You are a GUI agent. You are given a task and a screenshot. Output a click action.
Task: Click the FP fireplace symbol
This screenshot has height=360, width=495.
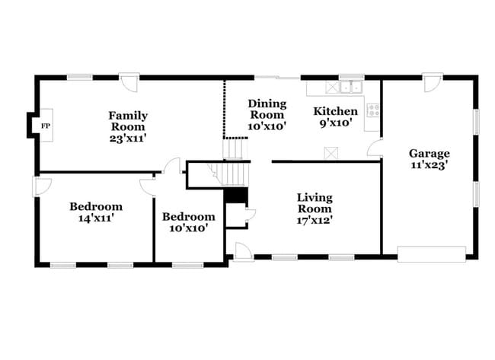[46, 126]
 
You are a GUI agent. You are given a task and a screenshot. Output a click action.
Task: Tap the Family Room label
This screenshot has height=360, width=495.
[128, 127]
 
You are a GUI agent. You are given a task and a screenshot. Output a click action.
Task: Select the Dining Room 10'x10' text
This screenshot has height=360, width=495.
[267, 115]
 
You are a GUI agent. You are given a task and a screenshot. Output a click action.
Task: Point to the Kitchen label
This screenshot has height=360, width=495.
[335, 116]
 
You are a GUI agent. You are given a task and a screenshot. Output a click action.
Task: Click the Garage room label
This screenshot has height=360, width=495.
[429, 158]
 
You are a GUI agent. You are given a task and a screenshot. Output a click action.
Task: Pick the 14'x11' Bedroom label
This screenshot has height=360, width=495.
[96, 212]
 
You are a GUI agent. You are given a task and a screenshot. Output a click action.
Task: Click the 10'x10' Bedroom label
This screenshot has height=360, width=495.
[188, 221]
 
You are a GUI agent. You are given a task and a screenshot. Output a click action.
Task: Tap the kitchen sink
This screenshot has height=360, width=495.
[350, 87]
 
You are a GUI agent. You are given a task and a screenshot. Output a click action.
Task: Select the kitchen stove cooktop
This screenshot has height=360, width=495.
[373, 110]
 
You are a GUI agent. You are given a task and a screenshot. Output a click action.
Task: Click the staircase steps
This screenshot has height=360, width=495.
[236, 174]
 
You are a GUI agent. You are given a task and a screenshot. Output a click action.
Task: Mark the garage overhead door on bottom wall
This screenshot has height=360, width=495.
[431, 253]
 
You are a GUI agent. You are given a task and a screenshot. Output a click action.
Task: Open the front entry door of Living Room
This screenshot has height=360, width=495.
[243, 251]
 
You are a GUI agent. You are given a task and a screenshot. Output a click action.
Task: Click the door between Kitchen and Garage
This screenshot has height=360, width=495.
[375, 148]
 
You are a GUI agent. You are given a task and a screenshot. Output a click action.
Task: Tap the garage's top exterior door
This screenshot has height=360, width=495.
[433, 82]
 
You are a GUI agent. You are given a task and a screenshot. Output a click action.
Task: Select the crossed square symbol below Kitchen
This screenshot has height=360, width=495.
[331, 153]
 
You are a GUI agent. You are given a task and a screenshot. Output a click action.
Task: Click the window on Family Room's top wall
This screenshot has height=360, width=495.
[79, 77]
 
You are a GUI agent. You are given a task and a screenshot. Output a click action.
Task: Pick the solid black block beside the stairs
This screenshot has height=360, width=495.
[236, 196]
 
